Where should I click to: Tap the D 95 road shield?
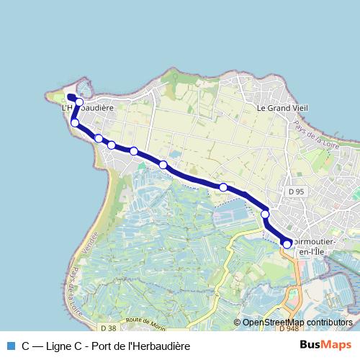click(297, 192)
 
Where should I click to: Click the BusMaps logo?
click(325, 345)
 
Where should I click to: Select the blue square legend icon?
click(10, 346)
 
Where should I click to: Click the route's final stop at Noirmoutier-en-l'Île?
click(287, 244)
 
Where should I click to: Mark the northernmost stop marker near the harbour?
click(79, 102)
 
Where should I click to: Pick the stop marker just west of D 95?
click(265, 214)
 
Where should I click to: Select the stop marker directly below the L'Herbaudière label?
click(75, 123)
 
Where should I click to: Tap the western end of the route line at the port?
click(69, 97)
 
